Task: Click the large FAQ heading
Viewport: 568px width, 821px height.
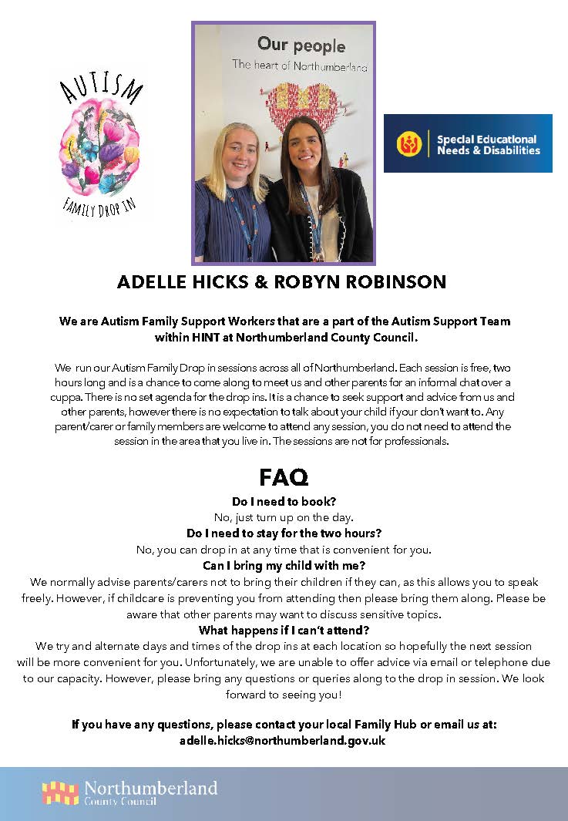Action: click(x=284, y=477)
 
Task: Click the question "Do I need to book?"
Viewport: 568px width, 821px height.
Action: click(x=284, y=500)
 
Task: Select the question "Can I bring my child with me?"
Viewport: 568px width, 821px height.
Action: click(x=284, y=566)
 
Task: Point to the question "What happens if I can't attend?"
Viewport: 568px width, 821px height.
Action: click(x=284, y=630)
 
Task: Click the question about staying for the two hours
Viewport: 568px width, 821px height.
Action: click(x=284, y=533)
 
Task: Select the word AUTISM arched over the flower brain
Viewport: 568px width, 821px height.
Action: click(x=104, y=91)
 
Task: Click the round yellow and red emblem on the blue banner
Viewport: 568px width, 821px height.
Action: click(x=409, y=144)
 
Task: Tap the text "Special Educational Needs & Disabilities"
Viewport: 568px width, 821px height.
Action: click(x=488, y=144)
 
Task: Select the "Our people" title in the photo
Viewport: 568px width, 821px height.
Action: click(x=301, y=44)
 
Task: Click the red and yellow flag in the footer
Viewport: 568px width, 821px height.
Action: click(x=60, y=792)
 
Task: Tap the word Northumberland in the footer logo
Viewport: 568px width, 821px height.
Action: click(x=150, y=788)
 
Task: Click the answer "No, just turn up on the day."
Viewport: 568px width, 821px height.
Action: click(x=284, y=516)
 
